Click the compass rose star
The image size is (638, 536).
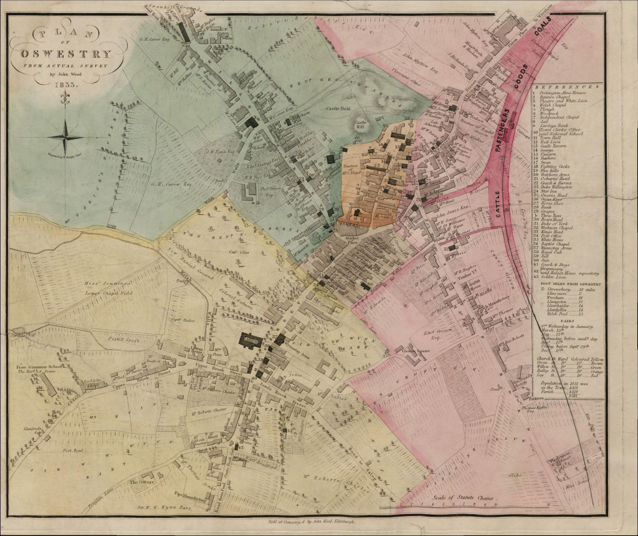tap(66, 135)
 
